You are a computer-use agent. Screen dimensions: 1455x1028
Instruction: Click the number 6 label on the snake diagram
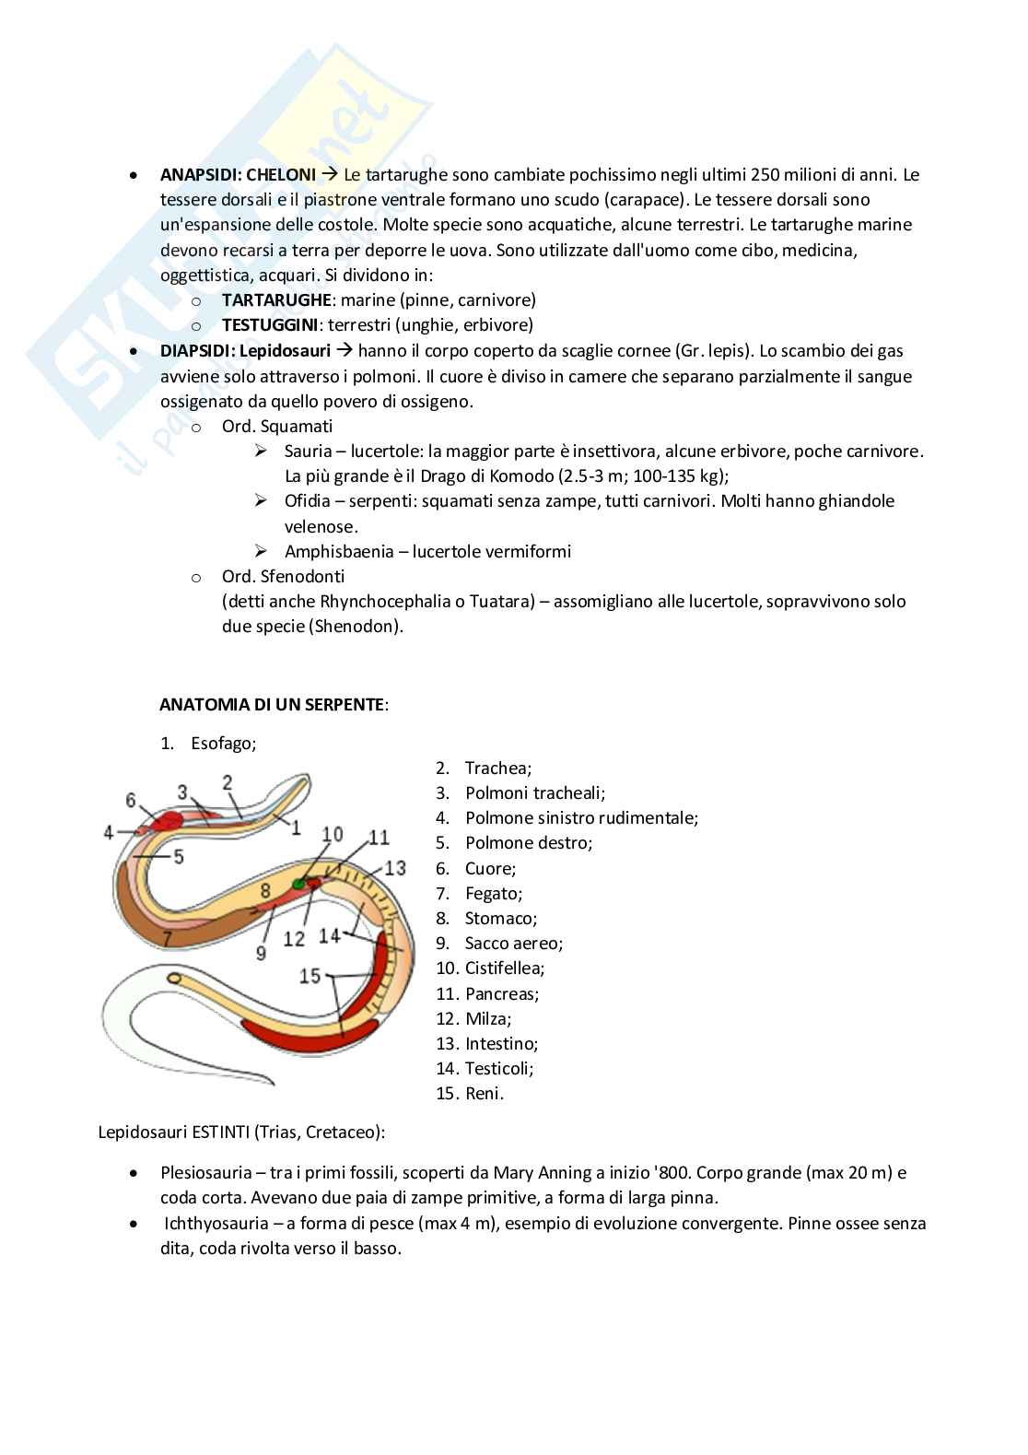[131, 800]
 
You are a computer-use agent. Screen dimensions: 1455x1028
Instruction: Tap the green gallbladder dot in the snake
[298, 885]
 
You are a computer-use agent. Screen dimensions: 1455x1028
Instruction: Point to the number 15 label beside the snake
[310, 975]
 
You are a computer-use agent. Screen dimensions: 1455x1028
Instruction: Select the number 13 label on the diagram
[395, 867]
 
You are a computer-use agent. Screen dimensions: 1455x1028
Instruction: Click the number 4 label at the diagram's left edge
[108, 832]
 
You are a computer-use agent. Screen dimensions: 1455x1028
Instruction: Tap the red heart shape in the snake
[167, 819]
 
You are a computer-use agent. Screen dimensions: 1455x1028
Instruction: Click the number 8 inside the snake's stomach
[264, 890]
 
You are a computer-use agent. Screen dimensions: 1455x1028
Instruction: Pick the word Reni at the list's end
[484, 1094]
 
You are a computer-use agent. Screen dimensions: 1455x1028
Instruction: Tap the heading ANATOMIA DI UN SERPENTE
[273, 705]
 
